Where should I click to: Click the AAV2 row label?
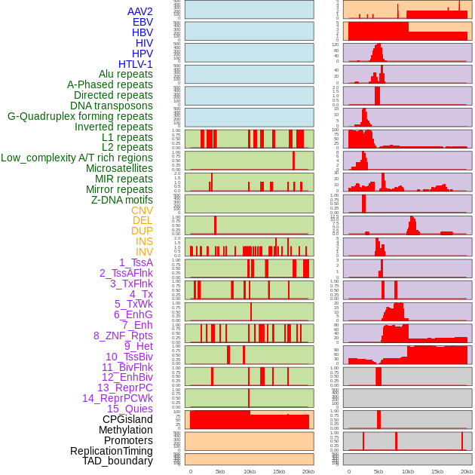coord(139,11)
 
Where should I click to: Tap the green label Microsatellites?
coord(119,168)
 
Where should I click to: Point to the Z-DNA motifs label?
coord(122,200)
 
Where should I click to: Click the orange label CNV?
coord(142,210)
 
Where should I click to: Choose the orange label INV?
coord(144,252)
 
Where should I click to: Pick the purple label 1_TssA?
coord(136,262)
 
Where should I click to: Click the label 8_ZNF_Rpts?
coord(123,336)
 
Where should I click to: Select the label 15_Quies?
coord(129,409)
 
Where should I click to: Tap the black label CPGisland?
coord(127,419)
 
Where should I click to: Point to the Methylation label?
coord(125,430)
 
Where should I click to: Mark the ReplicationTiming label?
coord(111,451)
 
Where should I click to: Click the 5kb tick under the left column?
coord(220,471)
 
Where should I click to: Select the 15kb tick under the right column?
coord(437,471)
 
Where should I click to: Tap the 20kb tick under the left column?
coord(308,471)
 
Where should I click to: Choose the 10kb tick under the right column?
coord(408,471)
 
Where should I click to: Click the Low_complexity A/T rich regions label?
coord(76,158)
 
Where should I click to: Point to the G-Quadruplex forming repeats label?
coord(80,116)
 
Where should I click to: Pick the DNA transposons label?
coord(112,106)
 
